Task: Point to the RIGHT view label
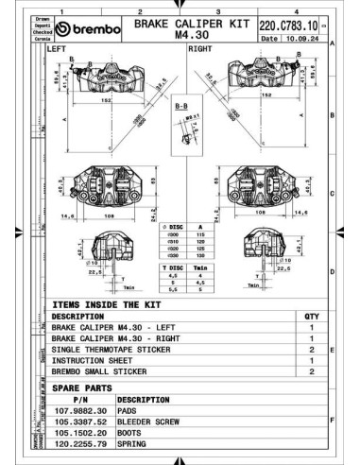pos(200,47)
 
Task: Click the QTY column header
pos(311,317)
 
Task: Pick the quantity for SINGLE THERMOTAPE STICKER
pos(311,349)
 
